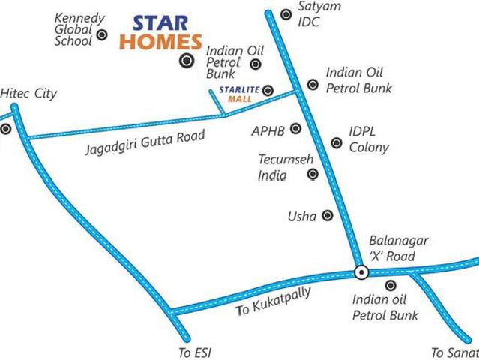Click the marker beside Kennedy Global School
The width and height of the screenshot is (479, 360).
(103, 34)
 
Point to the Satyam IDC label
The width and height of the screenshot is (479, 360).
(319, 14)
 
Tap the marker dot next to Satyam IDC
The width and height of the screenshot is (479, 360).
(286, 14)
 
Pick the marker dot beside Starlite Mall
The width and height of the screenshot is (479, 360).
(268, 91)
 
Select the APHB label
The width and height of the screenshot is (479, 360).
(268, 131)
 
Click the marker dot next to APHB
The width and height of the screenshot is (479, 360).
(295, 129)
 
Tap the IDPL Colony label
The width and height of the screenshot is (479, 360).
(368, 139)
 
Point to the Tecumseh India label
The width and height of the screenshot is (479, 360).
(277, 167)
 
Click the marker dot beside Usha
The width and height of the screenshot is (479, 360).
(327, 216)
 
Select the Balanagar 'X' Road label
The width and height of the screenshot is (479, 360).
(398, 248)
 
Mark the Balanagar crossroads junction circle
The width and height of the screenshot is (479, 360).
(361, 272)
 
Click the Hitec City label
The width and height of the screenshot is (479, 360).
(28, 94)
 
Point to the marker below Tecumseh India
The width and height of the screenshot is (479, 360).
(313, 175)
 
